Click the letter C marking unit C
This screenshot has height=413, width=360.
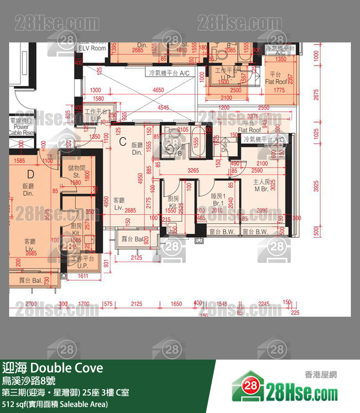[x=122, y=142]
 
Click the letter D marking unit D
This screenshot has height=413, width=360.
[x=31, y=174]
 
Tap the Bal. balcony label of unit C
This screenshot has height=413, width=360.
[x=130, y=239]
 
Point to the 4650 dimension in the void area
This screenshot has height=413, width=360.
[x=158, y=90]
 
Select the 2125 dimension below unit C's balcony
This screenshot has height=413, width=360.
[x=136, y=258]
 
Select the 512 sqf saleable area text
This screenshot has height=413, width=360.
[x=55, y=404]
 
